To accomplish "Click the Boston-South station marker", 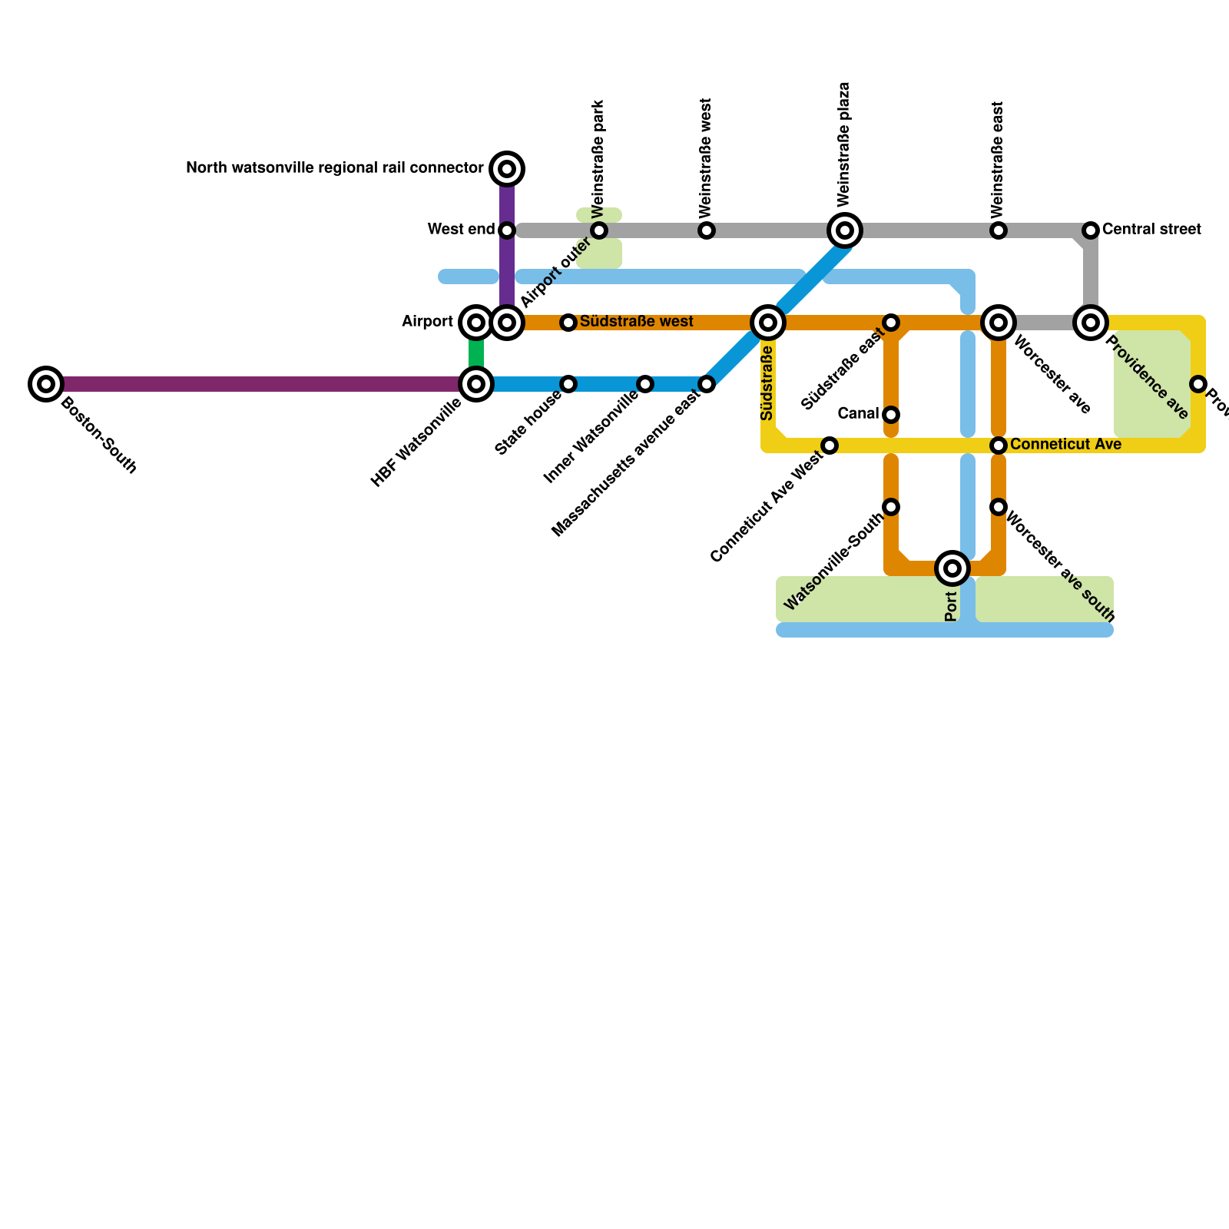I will coord(46,383).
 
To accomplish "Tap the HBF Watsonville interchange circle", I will coord(476,383).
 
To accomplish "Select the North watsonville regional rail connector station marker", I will coord(507,168).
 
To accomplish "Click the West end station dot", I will coord(507,230).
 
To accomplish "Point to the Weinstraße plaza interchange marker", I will coord(845,230).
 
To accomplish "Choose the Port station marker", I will coord(952,568).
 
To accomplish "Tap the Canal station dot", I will coord(891,415).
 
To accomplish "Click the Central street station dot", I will coord(1091,230).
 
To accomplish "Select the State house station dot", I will coord(568,383).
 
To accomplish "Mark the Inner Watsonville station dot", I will coord(645,383).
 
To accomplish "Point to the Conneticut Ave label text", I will coord(1065,444).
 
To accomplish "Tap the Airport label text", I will coord(427,322).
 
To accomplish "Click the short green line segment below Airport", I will coord(476,353).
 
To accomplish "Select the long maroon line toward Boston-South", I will coord(253,383).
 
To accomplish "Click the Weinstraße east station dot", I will coord(999,230).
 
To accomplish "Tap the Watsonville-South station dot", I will coord(891,507).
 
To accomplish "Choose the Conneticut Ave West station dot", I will coord(830,446).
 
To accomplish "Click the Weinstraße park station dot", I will coord(599,230).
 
